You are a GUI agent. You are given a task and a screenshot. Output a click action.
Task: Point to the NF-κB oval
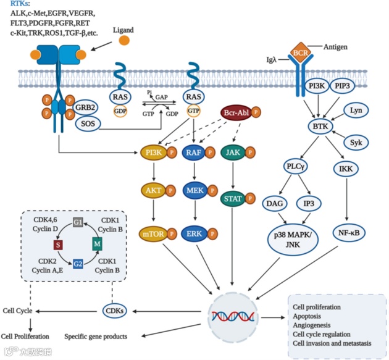point(349,233)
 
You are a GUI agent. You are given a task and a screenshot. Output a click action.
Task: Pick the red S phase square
point(58,245)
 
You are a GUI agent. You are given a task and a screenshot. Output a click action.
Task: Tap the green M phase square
point(98,244)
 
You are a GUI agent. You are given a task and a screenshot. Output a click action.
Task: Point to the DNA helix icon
point(233,316)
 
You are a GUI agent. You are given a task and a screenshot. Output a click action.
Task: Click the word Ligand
point(123,30)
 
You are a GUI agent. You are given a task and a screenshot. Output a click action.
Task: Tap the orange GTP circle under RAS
point(194,111)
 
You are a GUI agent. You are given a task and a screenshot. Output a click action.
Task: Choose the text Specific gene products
point(96,337)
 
